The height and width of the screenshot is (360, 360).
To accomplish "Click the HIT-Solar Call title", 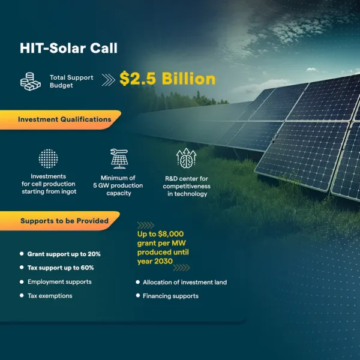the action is point(68,48).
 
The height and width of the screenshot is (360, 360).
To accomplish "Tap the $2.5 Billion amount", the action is point(167,79).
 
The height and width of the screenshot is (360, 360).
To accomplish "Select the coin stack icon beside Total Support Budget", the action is point(31,82).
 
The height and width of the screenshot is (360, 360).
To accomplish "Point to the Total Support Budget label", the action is point(71,81).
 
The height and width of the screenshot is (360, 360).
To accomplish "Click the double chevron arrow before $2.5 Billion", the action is point(109,80).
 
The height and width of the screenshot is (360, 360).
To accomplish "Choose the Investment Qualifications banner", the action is point(60,119).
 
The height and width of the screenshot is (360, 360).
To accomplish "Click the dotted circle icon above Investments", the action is point(48,158).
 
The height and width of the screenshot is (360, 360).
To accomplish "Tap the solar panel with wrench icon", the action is point(119,158).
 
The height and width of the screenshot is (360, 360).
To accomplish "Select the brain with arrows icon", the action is point(186,158).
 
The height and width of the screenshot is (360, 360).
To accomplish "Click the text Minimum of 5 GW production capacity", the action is point(118,185).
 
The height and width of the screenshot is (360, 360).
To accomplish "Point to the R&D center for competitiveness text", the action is point(187,186).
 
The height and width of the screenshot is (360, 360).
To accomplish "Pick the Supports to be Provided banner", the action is point(59,221).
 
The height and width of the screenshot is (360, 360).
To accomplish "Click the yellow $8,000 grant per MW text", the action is point(163,247).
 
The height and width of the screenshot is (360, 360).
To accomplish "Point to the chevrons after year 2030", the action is point(181,268).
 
